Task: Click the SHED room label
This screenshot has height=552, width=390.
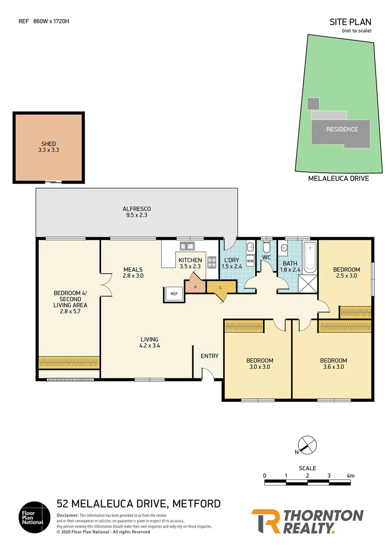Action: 48,147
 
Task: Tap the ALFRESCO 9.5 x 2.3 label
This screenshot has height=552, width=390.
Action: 136,212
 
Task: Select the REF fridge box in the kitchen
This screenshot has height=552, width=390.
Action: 174,294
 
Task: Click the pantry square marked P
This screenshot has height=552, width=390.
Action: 195,287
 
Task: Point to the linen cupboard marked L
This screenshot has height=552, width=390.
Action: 221,287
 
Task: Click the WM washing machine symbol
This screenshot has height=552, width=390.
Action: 250,261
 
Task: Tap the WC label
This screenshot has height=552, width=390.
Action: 266,257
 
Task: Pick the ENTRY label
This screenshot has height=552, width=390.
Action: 209,356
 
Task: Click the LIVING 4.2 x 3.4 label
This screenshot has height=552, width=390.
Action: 150,342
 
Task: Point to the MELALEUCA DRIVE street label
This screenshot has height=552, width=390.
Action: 338,178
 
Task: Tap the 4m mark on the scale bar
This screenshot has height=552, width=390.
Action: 350,476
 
